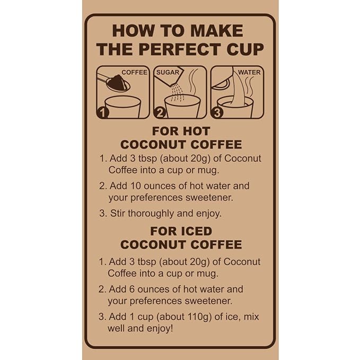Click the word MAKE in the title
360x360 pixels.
[x=216, y=31]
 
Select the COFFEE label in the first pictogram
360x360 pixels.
[x=134, y=72]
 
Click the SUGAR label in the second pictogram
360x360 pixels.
[x=168, y=72]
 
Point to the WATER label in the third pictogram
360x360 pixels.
[x=249, y=72]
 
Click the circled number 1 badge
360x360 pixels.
[x=103, y=112]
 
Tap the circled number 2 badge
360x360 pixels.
[x=160, y=112]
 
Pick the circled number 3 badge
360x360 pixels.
[x=217, y=112]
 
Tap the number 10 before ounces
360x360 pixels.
[x=135, y=186]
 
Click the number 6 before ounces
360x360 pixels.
[x=132, y=289]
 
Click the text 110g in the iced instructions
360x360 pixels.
[x=199, y=317]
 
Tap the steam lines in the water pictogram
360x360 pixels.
[x=250, y=86]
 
